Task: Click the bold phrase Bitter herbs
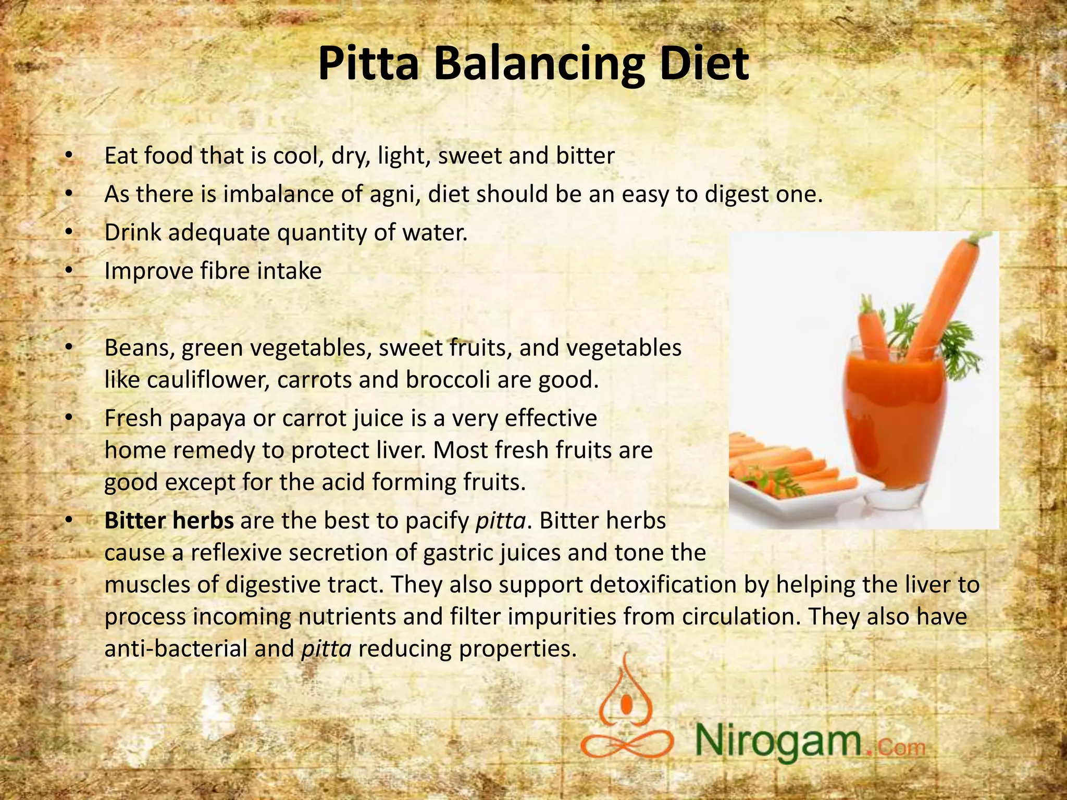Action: click(169, 521)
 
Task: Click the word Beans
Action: click(139, 348)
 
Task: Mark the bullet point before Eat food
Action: click(68, 156)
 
